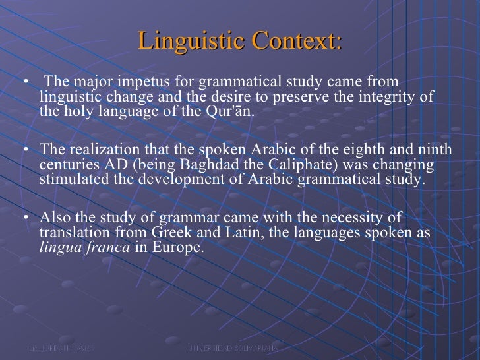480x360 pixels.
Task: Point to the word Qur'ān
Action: point(229,110)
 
